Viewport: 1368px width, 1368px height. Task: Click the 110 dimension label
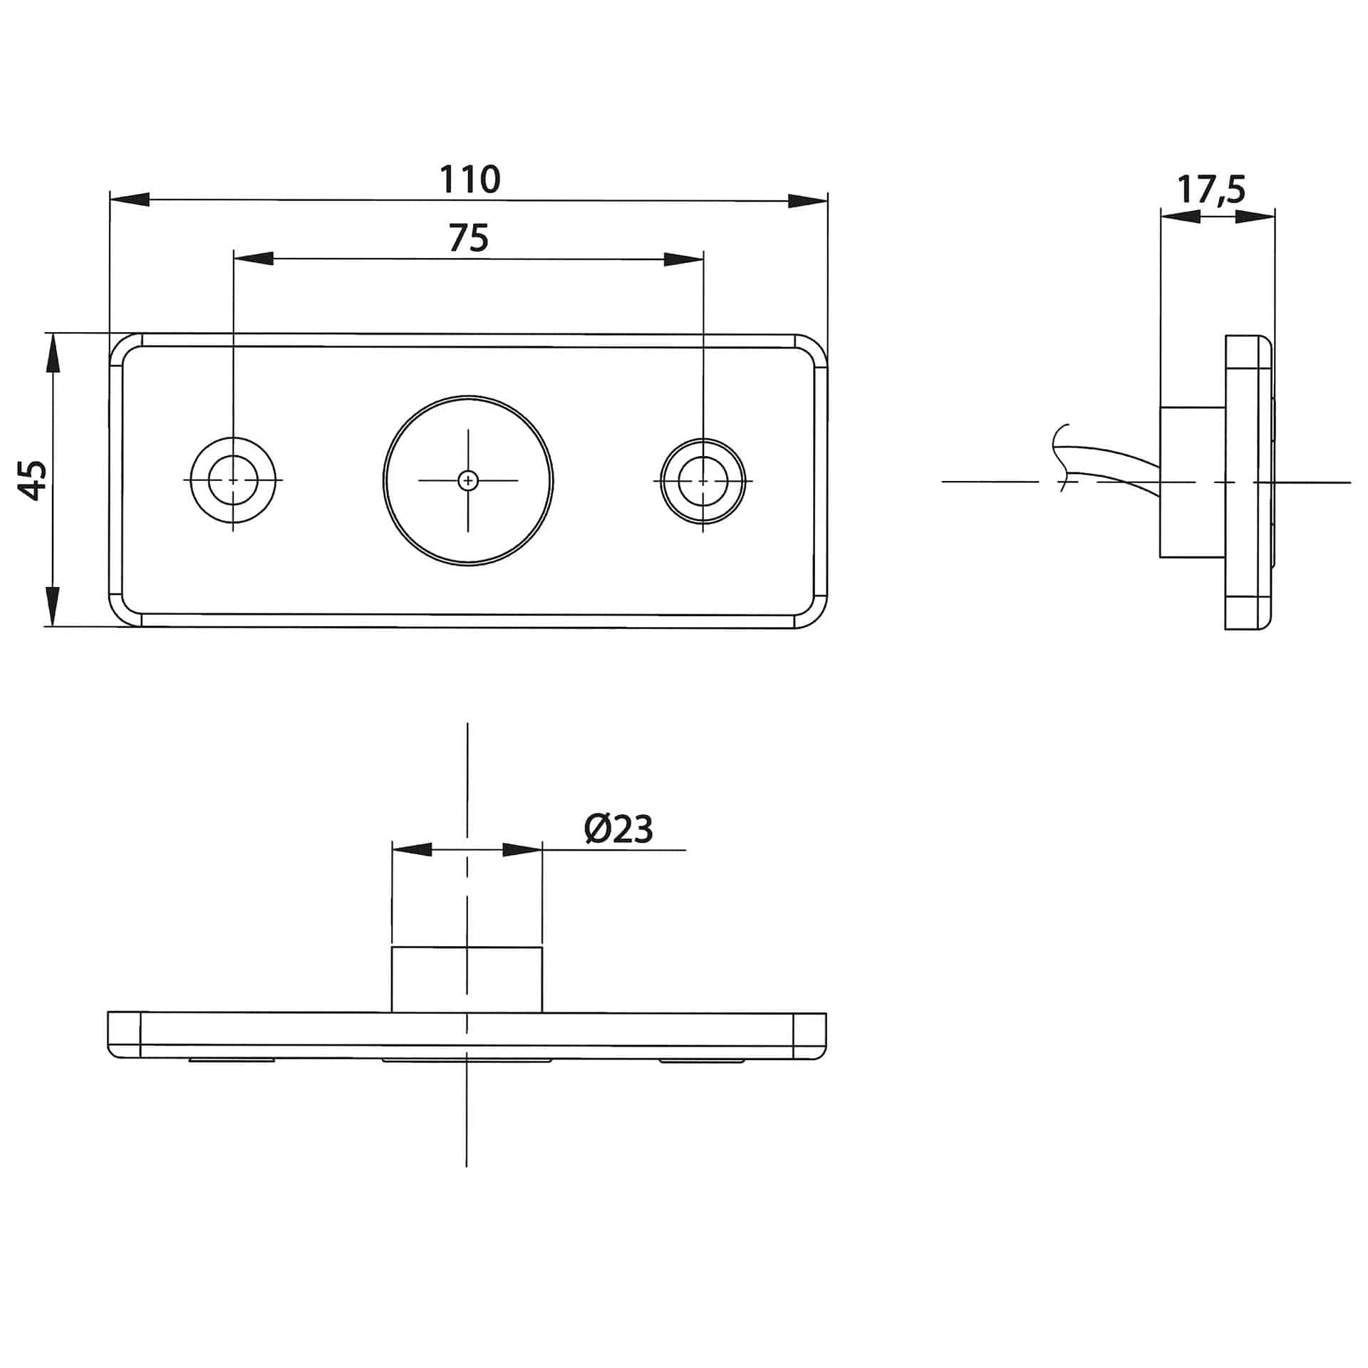coord(470,180)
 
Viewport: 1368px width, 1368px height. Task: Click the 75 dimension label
coord(469,239)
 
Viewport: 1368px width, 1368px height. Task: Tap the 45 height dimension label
coord(33,480)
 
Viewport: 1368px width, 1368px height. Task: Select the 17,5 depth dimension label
coord(1211,190)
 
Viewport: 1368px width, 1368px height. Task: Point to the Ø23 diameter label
coord(618,829)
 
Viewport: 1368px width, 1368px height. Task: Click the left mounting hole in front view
coord(233,480)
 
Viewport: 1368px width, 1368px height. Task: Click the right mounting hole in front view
coord(703,481)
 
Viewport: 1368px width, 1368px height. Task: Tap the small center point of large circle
coord(467,481)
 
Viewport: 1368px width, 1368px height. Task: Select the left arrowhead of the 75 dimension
coord(254,259)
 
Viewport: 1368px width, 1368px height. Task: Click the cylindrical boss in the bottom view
coord(467,979)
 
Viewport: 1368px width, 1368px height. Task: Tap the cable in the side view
coord(1111,467)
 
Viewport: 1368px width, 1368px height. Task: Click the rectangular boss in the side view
coord(1192,482)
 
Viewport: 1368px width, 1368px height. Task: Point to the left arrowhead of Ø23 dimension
coord(413,849)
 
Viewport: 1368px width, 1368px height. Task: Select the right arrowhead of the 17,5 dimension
coord(1254,217)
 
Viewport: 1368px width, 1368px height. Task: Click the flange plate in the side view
coord(1247,482)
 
